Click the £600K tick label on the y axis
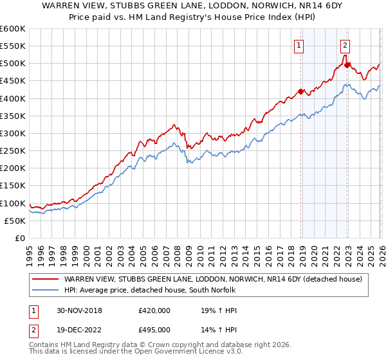point(13,29)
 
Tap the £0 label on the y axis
point(21,238)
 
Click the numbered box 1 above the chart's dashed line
point(300,45)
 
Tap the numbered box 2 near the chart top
point(345,45)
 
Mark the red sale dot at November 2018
point(300,91)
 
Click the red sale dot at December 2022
point(347,65)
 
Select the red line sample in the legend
point(45,279)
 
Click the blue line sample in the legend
point(45,290)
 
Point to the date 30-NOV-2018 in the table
point(75,310)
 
